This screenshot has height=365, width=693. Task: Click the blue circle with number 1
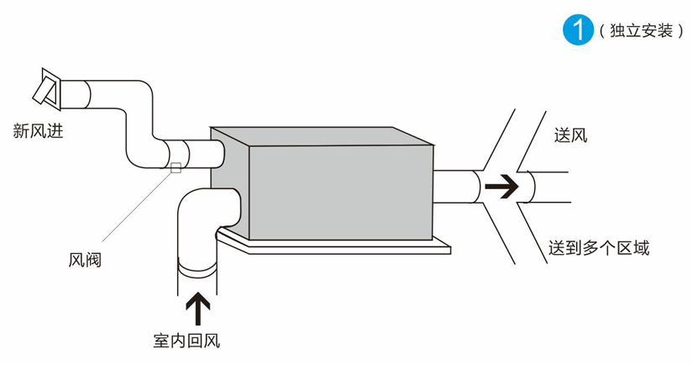(577, 30)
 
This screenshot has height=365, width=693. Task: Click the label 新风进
(38, 130)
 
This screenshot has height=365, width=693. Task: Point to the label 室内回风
(186, 341)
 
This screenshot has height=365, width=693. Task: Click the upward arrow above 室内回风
(198, 308)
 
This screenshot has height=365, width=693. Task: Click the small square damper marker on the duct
(176, 167)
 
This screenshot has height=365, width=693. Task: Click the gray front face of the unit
(344, 190)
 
